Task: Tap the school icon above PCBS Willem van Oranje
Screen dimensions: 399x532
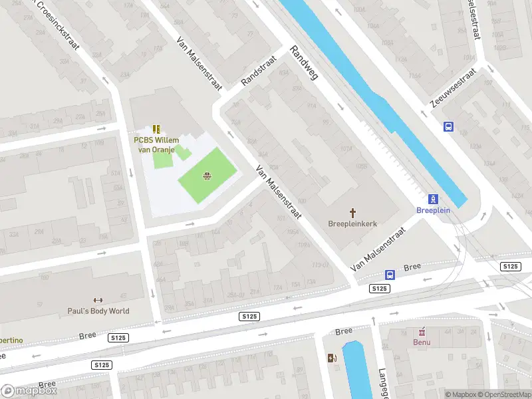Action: click(x=156, y=129)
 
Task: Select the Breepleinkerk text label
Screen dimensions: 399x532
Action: click(x=352, y=224)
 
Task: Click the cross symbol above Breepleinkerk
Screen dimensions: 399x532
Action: click(x=352, y=213)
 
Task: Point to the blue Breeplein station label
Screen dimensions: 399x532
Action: click(x=433, y=210)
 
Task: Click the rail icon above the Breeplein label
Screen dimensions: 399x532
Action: click(x=434, y=198)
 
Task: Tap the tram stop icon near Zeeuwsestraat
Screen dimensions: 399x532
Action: click(x=449, y=126)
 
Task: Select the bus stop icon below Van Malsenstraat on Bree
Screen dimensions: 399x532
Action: click(x=390, y=275)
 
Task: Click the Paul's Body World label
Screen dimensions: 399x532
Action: click(x=98, y=311)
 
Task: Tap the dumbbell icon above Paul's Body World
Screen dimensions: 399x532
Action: click(x=98, y=300)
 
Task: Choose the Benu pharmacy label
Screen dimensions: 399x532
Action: click(x=421, y=342)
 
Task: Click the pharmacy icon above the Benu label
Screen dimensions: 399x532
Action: click(x=421, y=331)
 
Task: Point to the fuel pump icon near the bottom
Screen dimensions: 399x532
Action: click(x=332, y=358)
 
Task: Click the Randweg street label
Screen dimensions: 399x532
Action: click(x=305, y=63)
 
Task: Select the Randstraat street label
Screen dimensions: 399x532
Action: click(x=258, y=70)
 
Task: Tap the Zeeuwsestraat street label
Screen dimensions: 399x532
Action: click(x=452, y=88)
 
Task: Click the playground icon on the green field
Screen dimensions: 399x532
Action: click(x=207, y=176)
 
